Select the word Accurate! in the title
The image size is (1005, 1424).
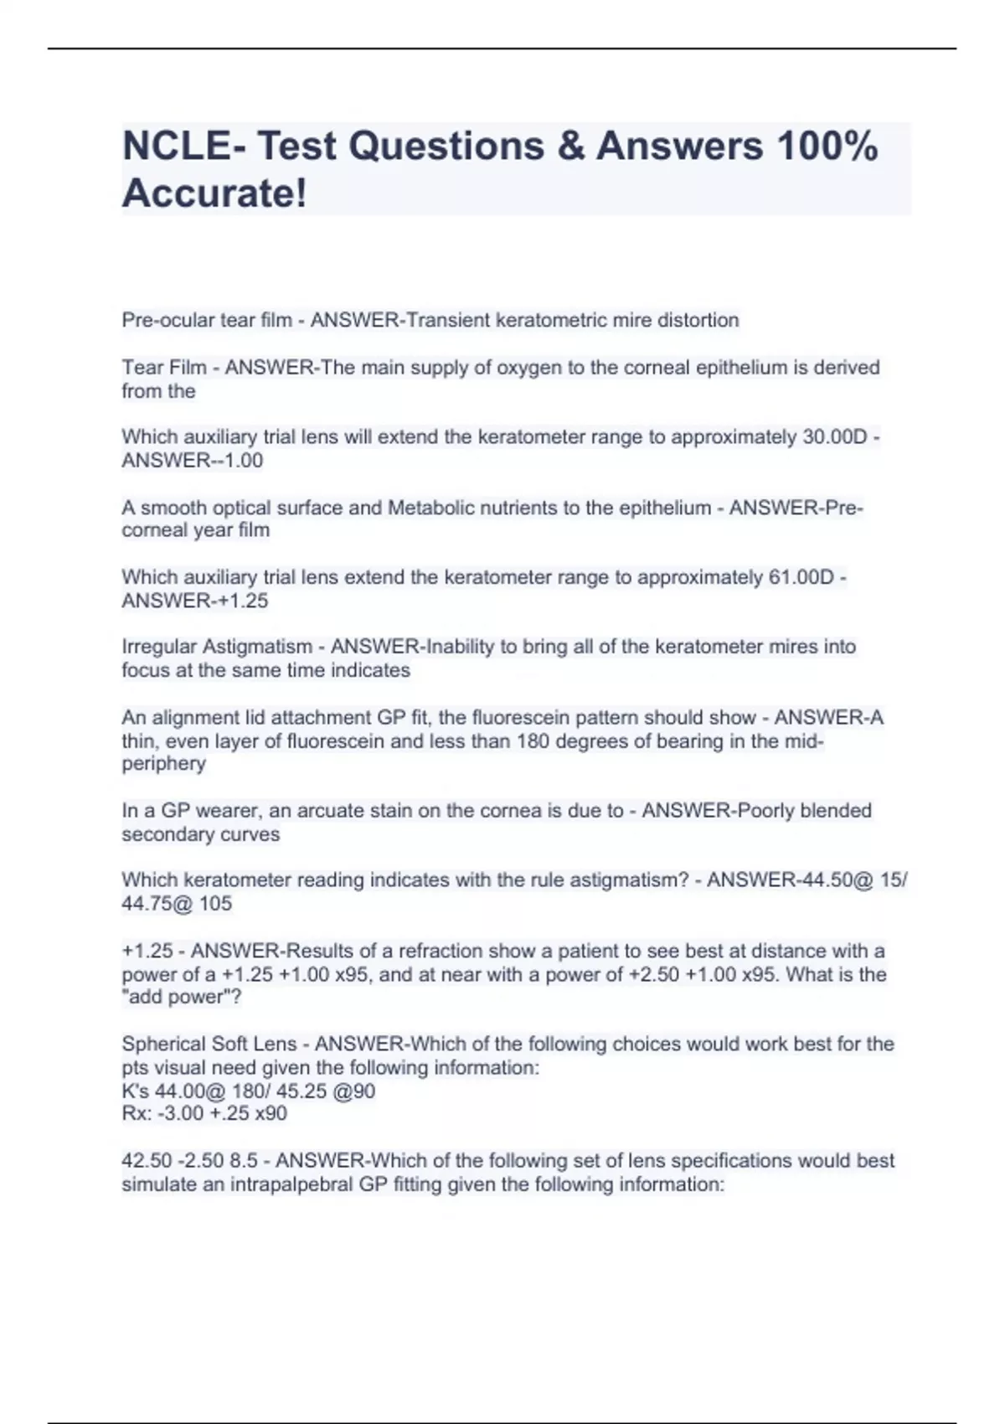[x=214, y=193]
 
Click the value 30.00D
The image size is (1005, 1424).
[x=835, y=437]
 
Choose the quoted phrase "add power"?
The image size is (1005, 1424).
[x=182, y=998]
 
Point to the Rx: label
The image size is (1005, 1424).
[x=137, y=1114]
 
